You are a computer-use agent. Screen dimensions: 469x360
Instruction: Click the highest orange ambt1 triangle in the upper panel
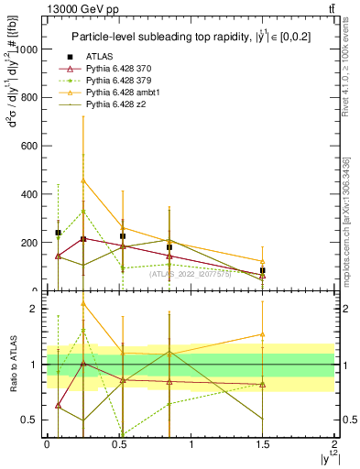(83, 180)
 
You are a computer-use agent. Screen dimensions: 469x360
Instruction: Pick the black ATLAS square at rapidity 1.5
(263, 271)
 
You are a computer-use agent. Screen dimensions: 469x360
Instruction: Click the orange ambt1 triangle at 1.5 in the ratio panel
(263, 334)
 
